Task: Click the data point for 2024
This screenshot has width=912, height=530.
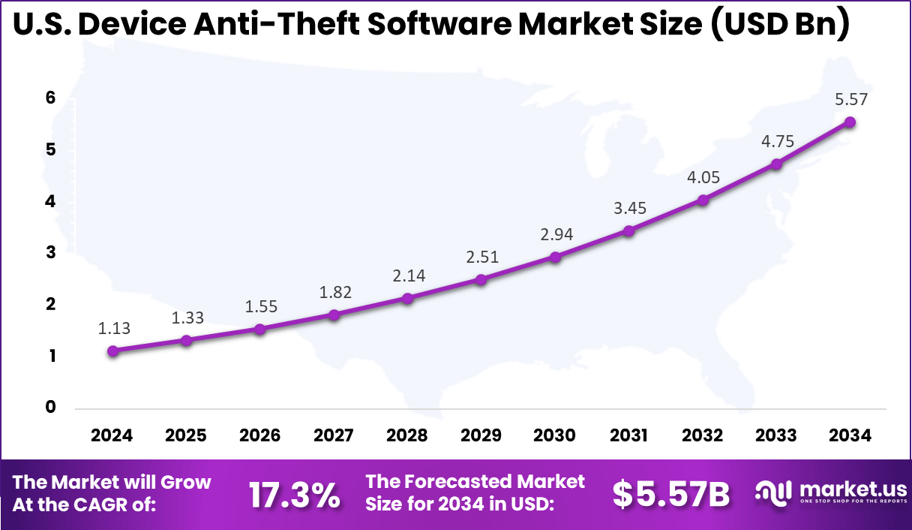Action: pos(112,351)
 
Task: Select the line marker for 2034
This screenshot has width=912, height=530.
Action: pos(850,122)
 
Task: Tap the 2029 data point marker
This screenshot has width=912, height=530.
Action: pos(481,279)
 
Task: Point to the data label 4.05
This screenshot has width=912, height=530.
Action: pos(703,178)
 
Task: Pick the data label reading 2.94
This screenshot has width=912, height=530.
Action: pos(555,234)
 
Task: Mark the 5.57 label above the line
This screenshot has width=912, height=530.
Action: pos(850,99)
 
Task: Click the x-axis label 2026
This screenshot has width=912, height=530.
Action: pos(260,435)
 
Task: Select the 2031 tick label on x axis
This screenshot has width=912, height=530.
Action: pos(628,435)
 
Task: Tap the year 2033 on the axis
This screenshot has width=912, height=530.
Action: pos(776,435)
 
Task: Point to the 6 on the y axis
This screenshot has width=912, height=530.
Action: pos(51,98)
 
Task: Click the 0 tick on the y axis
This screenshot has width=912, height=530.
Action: pos(51,408)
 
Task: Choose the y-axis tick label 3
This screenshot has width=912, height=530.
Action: pos(51,253)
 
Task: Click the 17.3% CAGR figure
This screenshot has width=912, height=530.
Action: pos(294,495)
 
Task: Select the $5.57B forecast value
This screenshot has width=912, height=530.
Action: pos(670,494)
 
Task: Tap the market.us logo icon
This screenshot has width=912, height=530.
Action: pos(772,492)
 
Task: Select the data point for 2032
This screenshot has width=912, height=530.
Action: pos(703,200)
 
